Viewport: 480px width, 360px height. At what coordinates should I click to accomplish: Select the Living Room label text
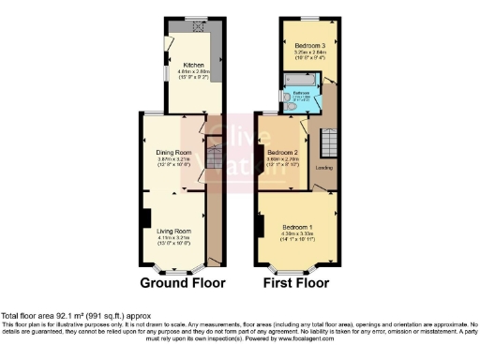click(x=173, y=231)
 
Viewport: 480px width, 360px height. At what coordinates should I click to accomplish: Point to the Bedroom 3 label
click(x=308, y=45)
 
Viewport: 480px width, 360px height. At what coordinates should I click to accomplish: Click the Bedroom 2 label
click(x=282, y=153)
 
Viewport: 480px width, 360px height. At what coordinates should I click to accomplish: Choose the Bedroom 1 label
click(x=291, y=226)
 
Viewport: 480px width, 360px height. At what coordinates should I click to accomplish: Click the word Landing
click(x=324, y=168)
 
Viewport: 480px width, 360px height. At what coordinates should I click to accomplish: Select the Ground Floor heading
click(x=183, y=281)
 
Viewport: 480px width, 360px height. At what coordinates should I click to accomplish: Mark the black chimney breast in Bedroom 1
click(x=261, y=226)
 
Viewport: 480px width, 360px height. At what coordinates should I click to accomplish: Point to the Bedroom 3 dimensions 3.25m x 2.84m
click(x=308, y=52)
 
